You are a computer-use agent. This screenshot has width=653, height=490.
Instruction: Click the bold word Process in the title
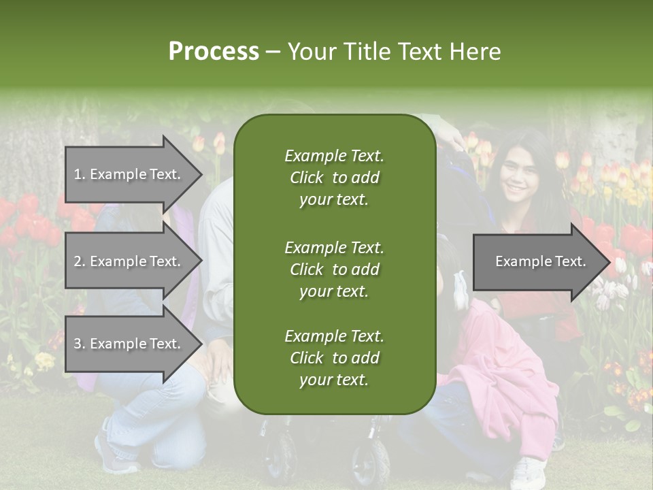214,52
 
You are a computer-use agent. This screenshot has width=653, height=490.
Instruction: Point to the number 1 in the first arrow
78,174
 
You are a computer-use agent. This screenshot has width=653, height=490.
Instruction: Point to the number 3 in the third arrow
78,344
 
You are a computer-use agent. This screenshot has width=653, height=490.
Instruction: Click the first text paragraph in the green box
334,178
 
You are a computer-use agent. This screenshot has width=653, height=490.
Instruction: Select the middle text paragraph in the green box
334,269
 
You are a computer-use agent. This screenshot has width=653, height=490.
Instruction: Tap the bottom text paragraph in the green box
334,358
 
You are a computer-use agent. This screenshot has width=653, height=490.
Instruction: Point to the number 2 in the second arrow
78,261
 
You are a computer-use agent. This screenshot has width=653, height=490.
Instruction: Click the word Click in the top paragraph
307,178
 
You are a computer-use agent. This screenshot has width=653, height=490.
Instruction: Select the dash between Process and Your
273,52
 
